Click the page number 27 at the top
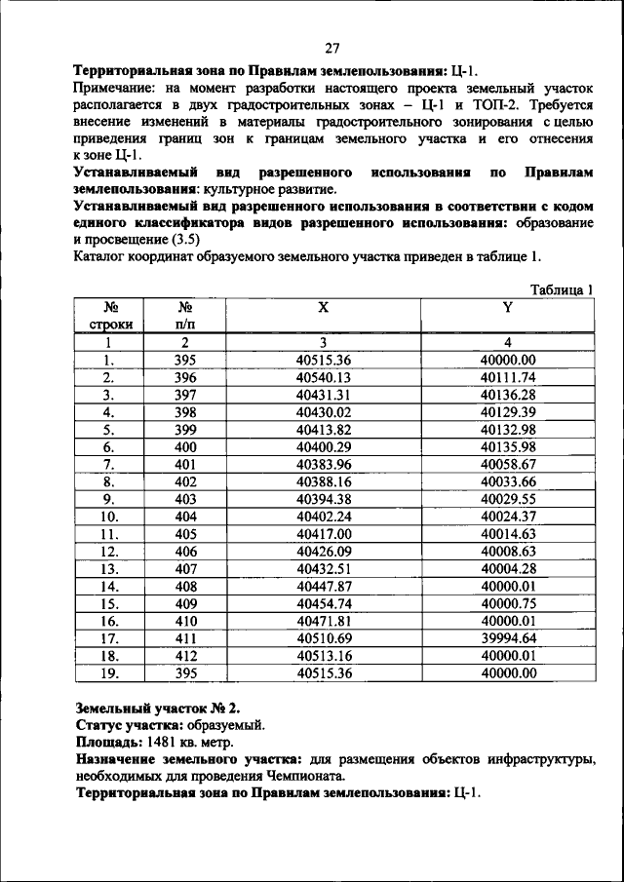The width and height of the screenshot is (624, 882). [x=331, y=49]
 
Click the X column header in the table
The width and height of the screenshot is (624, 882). [x=323, y=308]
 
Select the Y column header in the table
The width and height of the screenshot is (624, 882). [x=507, y=308]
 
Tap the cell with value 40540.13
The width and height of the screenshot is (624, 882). [x=323, y=377]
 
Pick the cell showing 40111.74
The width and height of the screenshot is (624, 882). [x=509, y=377]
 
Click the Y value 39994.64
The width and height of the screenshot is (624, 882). [x=509, y=638]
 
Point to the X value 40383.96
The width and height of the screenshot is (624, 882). [x=323, y=464]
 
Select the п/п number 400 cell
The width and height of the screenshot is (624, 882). [x=185, y=446]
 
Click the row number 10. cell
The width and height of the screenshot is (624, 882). [x=109, y=517]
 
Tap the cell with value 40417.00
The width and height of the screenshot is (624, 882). [x=323, y=534]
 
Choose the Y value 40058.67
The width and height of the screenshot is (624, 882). [x=509, y=464]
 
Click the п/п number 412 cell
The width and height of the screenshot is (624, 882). [x=185, y=656]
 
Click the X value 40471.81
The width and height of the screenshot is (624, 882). [x=323, y=621]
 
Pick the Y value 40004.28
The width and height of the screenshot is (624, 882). [x=509, y=568]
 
